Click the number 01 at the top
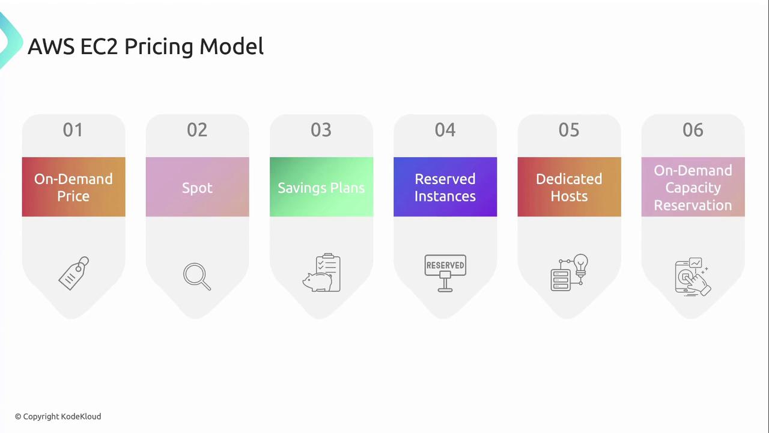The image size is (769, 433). (x=73, y=130)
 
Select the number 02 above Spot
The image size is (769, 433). (x=197, y=130)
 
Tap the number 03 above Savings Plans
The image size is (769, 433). (x=321, y=130)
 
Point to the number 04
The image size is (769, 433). (x=445, y=130)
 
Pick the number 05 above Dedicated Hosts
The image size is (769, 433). (x=569, y=130)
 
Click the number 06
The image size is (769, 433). (x=693, y=130)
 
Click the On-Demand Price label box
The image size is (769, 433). (x=73, y=187)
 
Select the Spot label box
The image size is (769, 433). (x=198, y=187)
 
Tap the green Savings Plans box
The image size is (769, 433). (x=321, y=187)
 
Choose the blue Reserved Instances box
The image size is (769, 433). (x=445, y=187)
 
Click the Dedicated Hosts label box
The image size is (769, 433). (x=569, y=187)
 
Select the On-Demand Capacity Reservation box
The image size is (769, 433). (x=693, y=187)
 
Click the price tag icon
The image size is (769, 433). (x=73, y=274)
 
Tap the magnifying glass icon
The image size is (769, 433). (x=196, y=275)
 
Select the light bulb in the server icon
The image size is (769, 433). (x=580, y=265)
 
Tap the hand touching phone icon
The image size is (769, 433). (x=693, y=277)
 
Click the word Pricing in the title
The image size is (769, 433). (x=160, y=47)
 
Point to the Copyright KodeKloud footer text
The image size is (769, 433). (x=58, y=417)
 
